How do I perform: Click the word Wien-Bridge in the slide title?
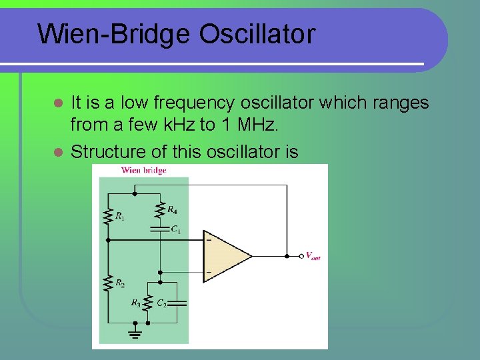[x=114, y=34]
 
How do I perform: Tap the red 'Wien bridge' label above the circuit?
[x=143, y=171]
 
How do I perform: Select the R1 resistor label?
[x=120, y=215]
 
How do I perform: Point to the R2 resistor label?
[x=120, y=283]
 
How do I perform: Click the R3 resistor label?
[x=136, y=303]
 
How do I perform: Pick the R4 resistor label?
[x=172, y=211]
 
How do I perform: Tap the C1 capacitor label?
[x=175, y=229]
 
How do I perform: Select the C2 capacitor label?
[x=162, y=303]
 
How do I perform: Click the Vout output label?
[x=313, y=256]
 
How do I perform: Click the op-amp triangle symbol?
[x=224, y=255]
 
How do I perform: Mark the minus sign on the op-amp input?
[x=209, y=239]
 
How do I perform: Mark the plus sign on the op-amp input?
[x=209, y=272]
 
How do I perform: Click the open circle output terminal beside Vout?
[x=301, y=255]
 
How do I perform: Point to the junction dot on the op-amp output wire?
[x=286, y=255]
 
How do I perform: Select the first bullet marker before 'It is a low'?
[x=58, y=104]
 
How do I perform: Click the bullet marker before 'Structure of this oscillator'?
[x=58, y=153]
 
